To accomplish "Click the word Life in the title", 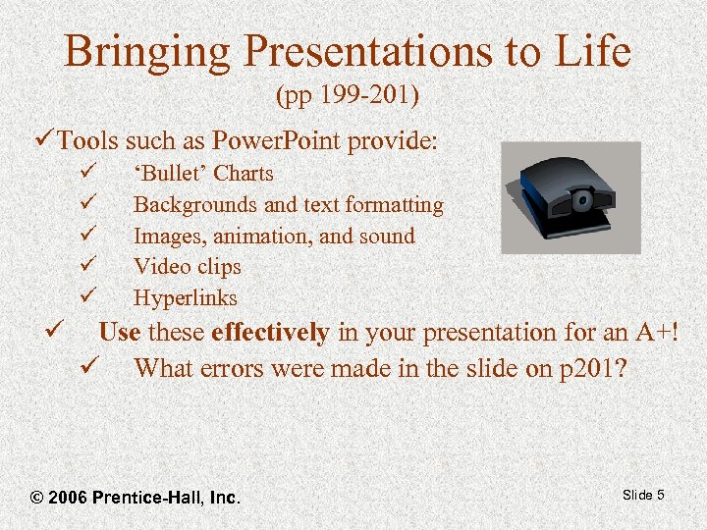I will pyautogui.click(x=589, y=52).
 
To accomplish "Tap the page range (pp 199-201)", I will pyautogui.click(x=348, y=96).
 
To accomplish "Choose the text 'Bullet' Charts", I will pyautogui.click(x=203, y=174).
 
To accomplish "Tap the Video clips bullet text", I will pyautogui.click(x=187, y=267).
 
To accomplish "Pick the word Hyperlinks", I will pyautogui.click(x=186, y=298).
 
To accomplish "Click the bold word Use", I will pyautogui.click(x=120, y=333).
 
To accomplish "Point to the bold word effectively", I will pyautogui.click(x=270, y=333).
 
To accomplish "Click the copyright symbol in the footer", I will pyautogui.click(x=38, y=498).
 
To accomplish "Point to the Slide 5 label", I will pyautogui.click(x=643, y=495).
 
